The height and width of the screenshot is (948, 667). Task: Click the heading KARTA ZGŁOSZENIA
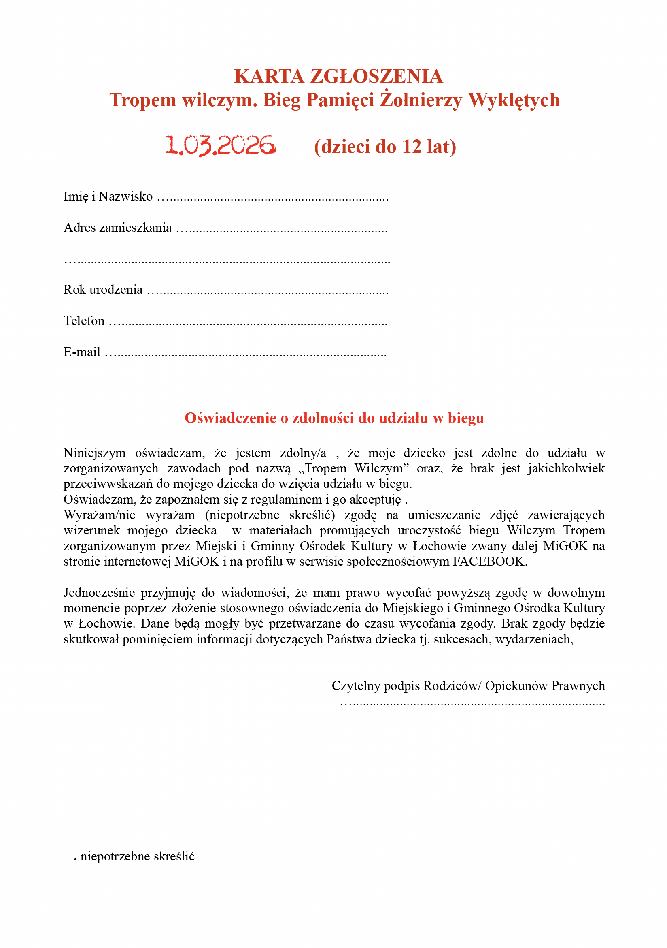tap(338, 77)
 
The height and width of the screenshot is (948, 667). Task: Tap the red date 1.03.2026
tap(220, 146)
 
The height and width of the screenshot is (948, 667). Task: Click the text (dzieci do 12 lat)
tap(385, 147)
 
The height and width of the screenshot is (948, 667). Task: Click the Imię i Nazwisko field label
tap(108, 196)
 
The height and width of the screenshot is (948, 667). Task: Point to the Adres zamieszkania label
tap(117, 228)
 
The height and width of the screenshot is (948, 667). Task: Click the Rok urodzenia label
tap(103, 289)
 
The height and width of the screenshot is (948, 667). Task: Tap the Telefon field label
tap(84, 320)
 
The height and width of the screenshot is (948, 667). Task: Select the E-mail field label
tap(82, 352)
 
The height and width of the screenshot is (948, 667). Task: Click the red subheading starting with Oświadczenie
tap(334, 418)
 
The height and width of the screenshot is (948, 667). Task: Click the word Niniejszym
tap(94, 453)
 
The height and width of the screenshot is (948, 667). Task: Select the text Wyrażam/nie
tap(100, 515)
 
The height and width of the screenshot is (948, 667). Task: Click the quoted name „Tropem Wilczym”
tap(353, 468)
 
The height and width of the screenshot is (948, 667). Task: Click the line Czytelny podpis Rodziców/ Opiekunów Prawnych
tap(468, 685)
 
